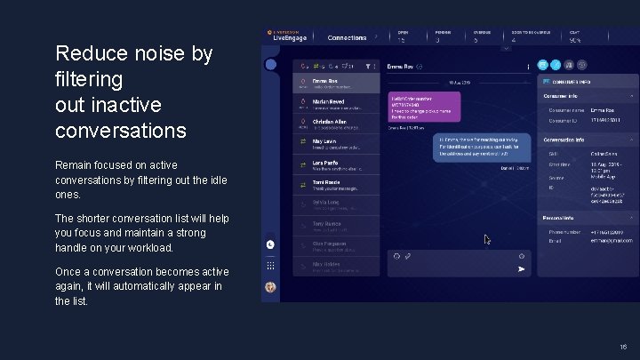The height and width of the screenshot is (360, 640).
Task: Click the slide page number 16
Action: tap(623, 347)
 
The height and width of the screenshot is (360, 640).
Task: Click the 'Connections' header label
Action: tap(347, 38)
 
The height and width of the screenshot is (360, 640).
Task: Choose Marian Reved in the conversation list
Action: tap(328, 102)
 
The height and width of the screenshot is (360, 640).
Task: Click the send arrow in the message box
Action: tap(521, 268)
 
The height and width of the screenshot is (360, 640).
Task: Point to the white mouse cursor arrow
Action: tap(486, 239)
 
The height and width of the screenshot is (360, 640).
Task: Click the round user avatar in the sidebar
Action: tap(270, 287)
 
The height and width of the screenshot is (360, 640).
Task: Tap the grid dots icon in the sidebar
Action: tap(270, 266)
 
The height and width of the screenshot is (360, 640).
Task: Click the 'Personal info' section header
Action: tap(563, 217)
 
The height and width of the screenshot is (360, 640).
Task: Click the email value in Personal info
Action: tap(608, 239)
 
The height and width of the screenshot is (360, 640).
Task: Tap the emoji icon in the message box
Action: tap(396, 256)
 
